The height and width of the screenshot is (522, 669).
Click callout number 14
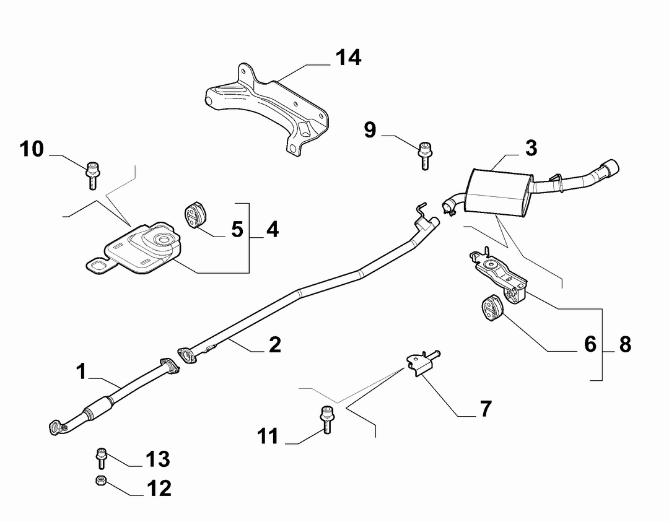point(348,58)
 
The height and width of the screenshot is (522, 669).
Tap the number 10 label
point(32,149)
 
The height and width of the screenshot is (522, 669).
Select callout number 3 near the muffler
point(531,148)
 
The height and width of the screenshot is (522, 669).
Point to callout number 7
point(486,409)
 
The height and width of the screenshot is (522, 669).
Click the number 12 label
point(159,489)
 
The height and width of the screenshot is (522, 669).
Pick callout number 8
point(625,344)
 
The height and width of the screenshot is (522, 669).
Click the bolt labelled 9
point(425,155)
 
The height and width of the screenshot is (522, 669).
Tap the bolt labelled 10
point(92,175)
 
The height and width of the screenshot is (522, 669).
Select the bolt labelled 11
point(327,420)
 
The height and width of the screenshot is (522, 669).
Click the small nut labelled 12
point(101,481)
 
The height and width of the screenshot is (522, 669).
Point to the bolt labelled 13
point(101,458)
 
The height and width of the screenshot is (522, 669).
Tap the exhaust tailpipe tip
point(610,168)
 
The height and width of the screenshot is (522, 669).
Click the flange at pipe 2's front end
point(186,356)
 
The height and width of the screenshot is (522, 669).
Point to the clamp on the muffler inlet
point(448,209)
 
